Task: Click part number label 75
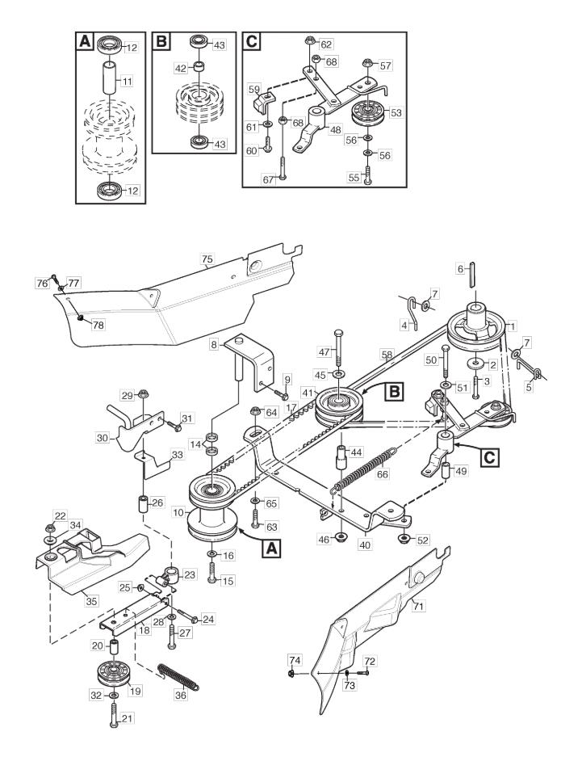pyautogui.click(x=207, y=259)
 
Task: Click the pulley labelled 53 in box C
pyautogui.click(x=367, y=113)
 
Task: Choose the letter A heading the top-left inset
pyautogui.click(x=85, y=42)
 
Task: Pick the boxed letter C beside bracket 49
pyautogui.click(x=491, y=456)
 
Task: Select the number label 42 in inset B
pyautogui.click(x=181, y=69)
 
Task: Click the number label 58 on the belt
pyautogui.click(x=387, y=355)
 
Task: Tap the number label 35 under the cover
pyautogui.click(x=91, y=601)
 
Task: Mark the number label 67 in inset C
pyautogui.click(x=269, y=179)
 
